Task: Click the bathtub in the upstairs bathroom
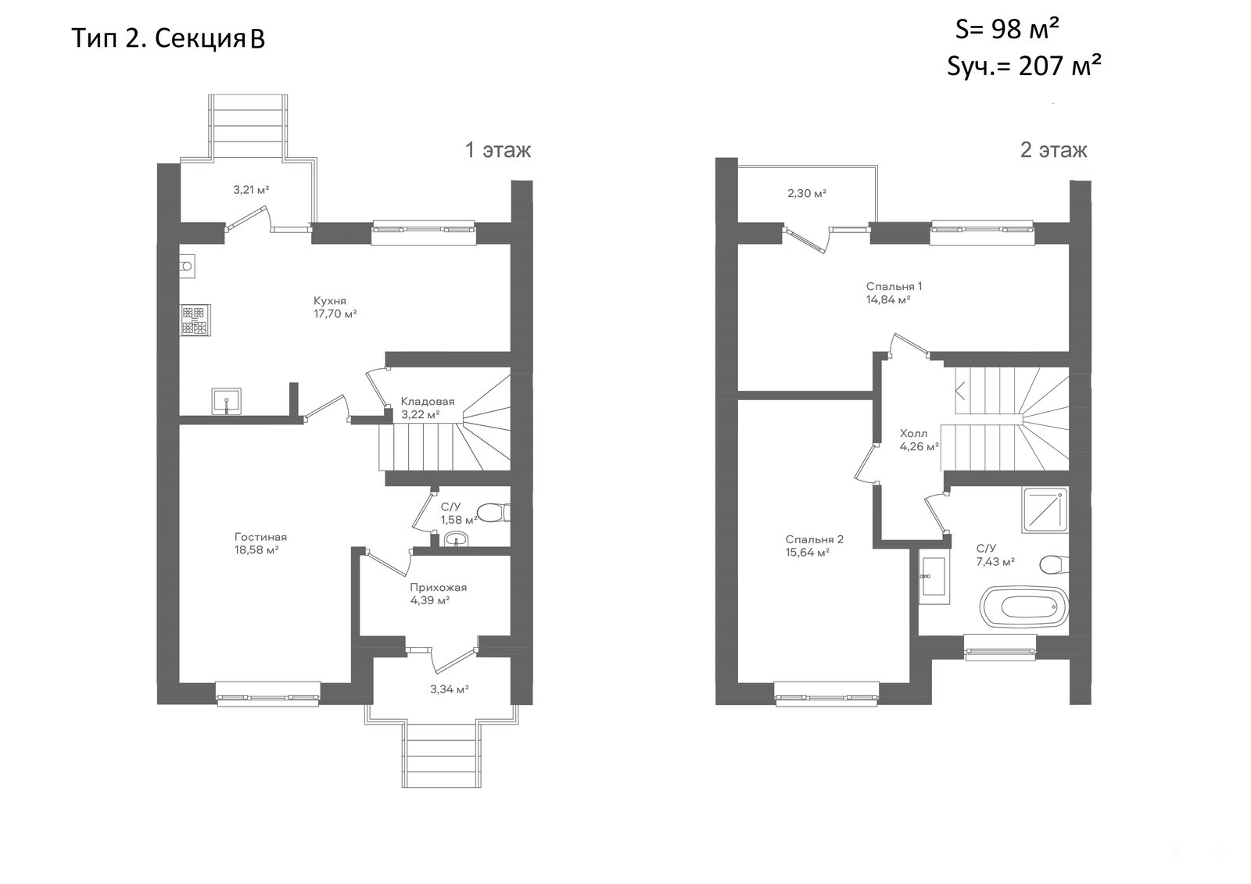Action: (1024, 607)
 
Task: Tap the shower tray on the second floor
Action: (1045, 510)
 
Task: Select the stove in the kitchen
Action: (195, 320)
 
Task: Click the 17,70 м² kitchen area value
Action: (335, 314)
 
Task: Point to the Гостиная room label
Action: (261, 537)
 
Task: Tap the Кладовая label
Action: (428, 401)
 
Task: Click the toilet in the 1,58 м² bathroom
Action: (493, 513)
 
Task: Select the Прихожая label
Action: (439, 587)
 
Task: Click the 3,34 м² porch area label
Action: (449, 689)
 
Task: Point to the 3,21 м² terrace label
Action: (251, 190)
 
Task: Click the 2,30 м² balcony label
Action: (807, 193)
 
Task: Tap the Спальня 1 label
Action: (894, 287)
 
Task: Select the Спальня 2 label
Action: (814, 539)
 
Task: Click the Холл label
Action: (914, 433)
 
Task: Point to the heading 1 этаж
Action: (498, 149)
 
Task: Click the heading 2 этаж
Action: (1053, 149)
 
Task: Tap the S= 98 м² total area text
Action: (1008, 29)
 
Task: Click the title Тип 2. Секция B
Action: (168, 38)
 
